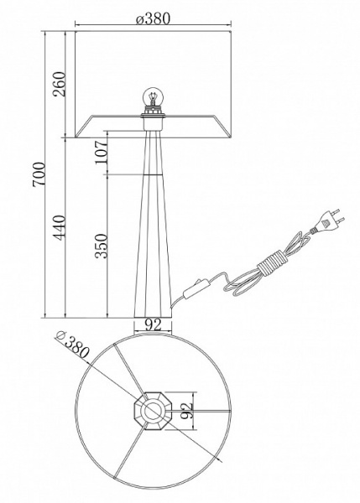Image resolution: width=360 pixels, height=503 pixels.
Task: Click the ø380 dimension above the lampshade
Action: click(152, 18)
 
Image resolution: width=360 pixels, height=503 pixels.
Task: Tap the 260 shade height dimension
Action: click(60, 84)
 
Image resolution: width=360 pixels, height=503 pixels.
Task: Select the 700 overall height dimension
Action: click(39, 174)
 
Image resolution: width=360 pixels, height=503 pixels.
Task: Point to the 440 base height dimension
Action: click(60, 227)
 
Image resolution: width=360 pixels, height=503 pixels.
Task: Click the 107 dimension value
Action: click(101, 152)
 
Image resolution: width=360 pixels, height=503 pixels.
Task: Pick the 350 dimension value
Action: click(102, 246)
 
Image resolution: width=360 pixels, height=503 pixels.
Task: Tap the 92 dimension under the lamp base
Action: click(153, 325)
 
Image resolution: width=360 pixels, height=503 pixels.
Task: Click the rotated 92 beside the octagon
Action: click(186, 411)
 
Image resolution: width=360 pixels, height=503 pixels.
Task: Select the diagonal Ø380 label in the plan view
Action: click(72, 345)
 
